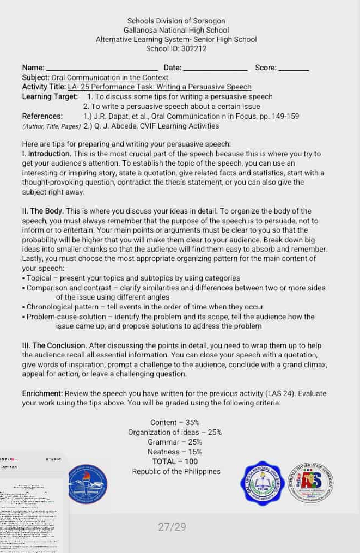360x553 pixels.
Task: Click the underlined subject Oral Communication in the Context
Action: [x=109, y=78]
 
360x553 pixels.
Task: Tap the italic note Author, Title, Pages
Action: [x=52, y=126]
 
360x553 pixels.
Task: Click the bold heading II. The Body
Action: [x=43, y=211]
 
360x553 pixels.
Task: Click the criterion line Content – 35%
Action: [x=175, y=423]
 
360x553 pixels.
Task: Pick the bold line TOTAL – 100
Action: [x=175, y=462]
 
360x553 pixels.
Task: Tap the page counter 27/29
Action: [x=172, y=527]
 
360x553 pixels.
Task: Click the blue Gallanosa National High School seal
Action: [x=263, y=483]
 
